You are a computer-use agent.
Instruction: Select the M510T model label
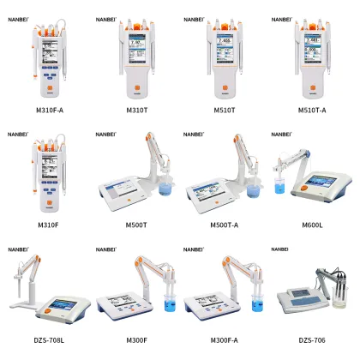click(x=224, y=110)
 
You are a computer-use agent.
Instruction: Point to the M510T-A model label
click(x=312, y=110)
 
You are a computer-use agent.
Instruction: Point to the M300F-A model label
click(x=224, y=340)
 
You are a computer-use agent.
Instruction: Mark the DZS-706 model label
click(x=312, y=340)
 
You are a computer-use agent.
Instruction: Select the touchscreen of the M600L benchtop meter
click(x=324, y=184)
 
